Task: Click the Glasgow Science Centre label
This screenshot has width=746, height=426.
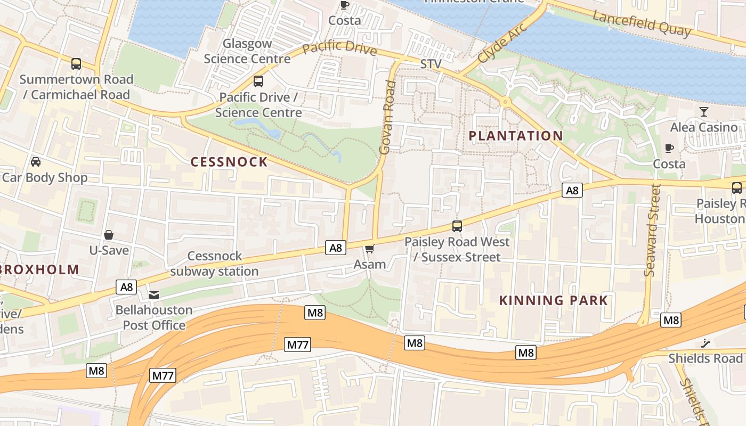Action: coord(247,51)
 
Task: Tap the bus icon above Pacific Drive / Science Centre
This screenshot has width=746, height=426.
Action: coord(258,81)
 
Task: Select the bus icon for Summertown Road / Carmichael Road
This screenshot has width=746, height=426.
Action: coord(76,64)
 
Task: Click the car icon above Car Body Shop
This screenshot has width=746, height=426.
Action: coord(36,161)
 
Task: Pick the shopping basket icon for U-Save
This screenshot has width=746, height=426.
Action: coord(109,234)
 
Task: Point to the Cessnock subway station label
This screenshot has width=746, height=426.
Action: coord(214,264)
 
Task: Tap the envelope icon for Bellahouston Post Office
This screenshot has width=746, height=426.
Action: coord(154,294)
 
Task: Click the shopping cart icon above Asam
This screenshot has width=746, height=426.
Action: coord(370,249)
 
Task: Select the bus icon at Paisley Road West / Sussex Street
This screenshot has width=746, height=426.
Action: coord(457,226)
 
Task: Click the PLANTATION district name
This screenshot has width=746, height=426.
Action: coord(515,136)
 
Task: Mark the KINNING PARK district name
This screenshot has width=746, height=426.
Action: coord(553,300)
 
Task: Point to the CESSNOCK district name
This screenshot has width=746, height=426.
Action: coord(229,162)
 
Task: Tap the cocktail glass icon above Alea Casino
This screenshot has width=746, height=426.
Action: coord(704,111)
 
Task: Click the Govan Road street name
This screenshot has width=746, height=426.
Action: coord(388,118)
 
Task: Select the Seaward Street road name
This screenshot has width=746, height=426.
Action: coord(653,230)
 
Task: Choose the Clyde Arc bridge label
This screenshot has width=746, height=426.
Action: coord(502,43)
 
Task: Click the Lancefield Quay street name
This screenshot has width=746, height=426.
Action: coord(642,24)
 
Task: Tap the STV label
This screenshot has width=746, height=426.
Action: coord(431,64)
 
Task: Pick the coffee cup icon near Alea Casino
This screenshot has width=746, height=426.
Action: coord(669,148)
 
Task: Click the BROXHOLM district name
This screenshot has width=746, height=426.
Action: coord(40,269)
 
